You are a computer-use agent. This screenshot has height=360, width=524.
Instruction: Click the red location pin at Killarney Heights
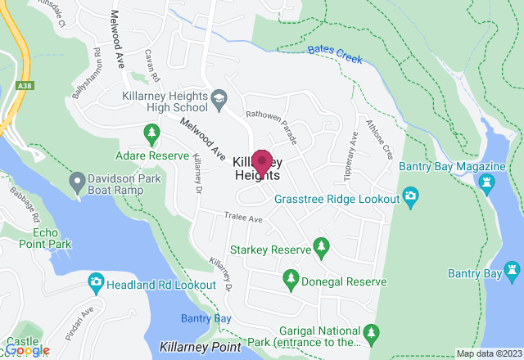tap(261, 160)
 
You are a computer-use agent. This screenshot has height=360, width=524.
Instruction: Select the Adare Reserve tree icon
tap(151, 132)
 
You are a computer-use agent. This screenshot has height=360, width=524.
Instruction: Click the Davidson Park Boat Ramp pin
tap(77, 179)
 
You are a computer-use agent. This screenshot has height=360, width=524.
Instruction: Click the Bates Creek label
tap(335, 54)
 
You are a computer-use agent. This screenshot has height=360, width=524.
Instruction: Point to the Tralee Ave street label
tap(244, 218)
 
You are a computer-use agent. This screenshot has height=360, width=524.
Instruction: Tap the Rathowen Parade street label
tap(272, 128)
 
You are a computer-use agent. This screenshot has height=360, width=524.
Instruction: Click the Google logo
tap(26, 351)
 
